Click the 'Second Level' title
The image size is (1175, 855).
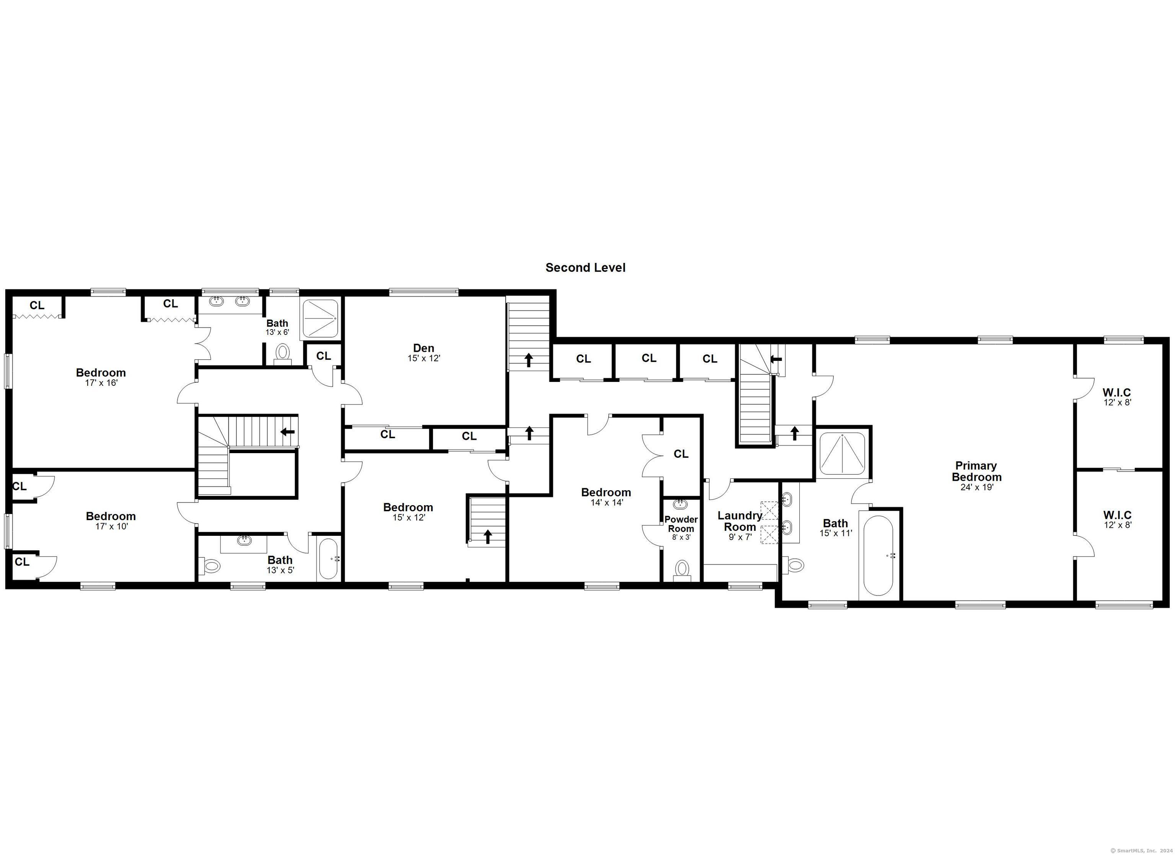pyautogui.click(x=586, y=268)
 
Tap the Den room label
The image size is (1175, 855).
pyautogui.click(x=423, y=348)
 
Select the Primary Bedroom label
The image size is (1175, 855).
pyautogui.click(x=976, y=471)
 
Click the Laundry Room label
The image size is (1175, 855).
pyautogui.click(x=739, y=521)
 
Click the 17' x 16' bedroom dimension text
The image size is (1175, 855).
pyautogui.click(x=101, y=383)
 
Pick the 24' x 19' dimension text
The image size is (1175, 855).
pyautogui.click(x=976, y=487)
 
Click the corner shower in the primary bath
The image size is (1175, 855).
pyautogui.click(x=842, y=453)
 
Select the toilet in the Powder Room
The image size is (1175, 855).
pyautogui.click(x=682, y=570)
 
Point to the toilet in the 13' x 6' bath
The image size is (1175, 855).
pyautogui.click(x=283, y=354)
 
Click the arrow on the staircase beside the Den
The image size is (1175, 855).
pyautogui.click(x=529, y=360)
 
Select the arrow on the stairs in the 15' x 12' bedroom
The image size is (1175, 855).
pyautogui.click(x=488, y=536)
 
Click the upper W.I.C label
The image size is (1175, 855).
pyautogui.click(x=1117, y=393)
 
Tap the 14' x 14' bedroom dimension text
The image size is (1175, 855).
pyautogui.click(x=607, y=503)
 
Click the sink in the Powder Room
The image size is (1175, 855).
pyautogui.click(x=681, y=504)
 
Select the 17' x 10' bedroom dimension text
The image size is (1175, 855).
pyautogui.click(x=111, y=526)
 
